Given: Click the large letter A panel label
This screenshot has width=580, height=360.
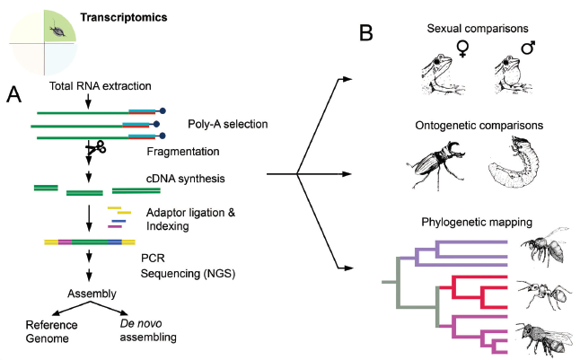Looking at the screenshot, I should [13, 92].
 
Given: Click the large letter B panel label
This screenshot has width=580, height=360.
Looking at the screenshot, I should [366, 34].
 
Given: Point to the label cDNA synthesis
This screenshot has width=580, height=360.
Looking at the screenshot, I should [182, 179].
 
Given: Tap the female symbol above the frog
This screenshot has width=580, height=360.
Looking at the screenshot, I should [465, 50].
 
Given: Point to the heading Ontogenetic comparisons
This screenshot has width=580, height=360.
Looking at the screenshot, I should [478, 125].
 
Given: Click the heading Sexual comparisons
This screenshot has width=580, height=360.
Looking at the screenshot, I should [477, 30].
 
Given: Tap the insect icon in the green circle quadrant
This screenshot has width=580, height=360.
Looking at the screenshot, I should [59, 30].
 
